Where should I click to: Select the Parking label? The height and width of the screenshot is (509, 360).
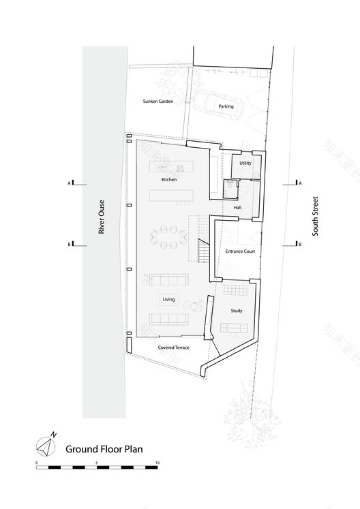226,107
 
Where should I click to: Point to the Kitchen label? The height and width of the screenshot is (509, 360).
169,179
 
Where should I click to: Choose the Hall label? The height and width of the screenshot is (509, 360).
238,208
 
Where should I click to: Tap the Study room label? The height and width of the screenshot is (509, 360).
237,311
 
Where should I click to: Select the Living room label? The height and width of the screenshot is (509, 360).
168,299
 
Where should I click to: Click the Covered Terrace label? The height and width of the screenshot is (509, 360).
174,348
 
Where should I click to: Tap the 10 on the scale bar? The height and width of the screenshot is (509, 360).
157,463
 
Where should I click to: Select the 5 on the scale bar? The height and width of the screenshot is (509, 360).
97,463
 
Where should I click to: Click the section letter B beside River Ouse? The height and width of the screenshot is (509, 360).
69,244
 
